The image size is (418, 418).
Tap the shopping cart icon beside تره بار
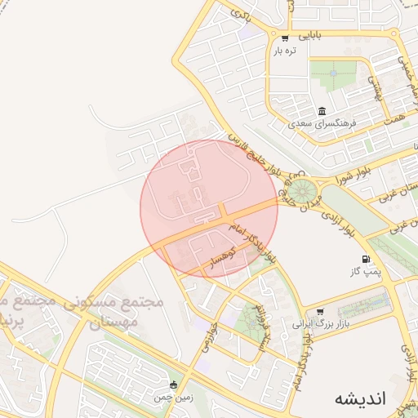(x=284, y=38)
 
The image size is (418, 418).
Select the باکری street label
(x=239, y=15)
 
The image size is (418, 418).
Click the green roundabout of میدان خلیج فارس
(x=306, y=193)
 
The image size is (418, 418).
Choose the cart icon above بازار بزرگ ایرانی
(x=319, y=312)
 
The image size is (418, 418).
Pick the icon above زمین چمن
(x=172, y=385)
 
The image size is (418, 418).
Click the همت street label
(x=398, y=110)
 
